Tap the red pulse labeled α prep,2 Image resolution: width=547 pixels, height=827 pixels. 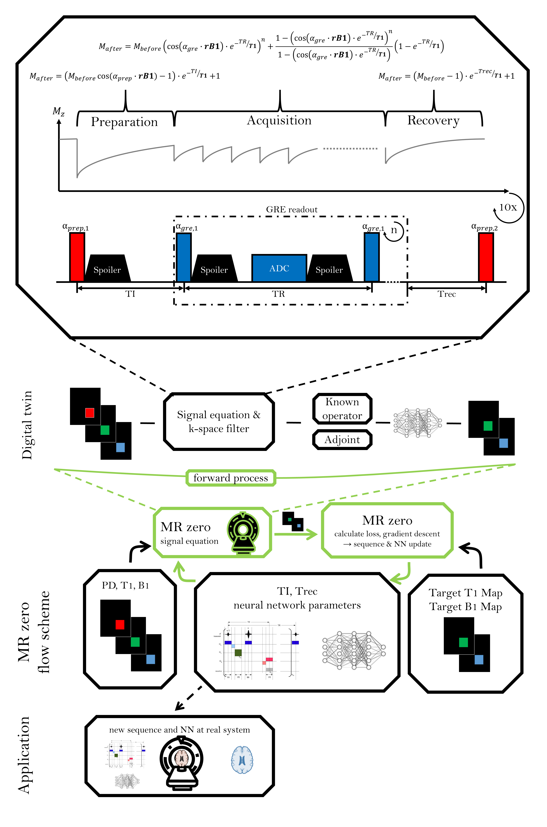pos(486,257)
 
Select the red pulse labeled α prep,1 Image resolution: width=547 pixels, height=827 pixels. pos(77,257)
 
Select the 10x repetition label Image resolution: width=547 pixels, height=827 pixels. pos(508,207)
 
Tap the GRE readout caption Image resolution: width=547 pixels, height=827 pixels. pos(292,210)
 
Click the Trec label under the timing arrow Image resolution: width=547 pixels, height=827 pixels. pos(447,294)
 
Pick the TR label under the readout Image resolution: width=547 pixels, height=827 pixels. pos(278,294)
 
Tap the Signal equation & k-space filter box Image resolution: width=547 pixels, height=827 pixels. pos(219,422)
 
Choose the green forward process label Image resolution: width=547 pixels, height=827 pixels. pos(231,478)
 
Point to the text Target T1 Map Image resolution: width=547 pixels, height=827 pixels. pos(465,593)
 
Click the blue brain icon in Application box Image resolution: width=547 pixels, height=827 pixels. pos(242,760)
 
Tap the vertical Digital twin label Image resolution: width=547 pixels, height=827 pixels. pos(27,425)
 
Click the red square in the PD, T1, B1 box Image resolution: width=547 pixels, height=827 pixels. pos(120,625)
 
